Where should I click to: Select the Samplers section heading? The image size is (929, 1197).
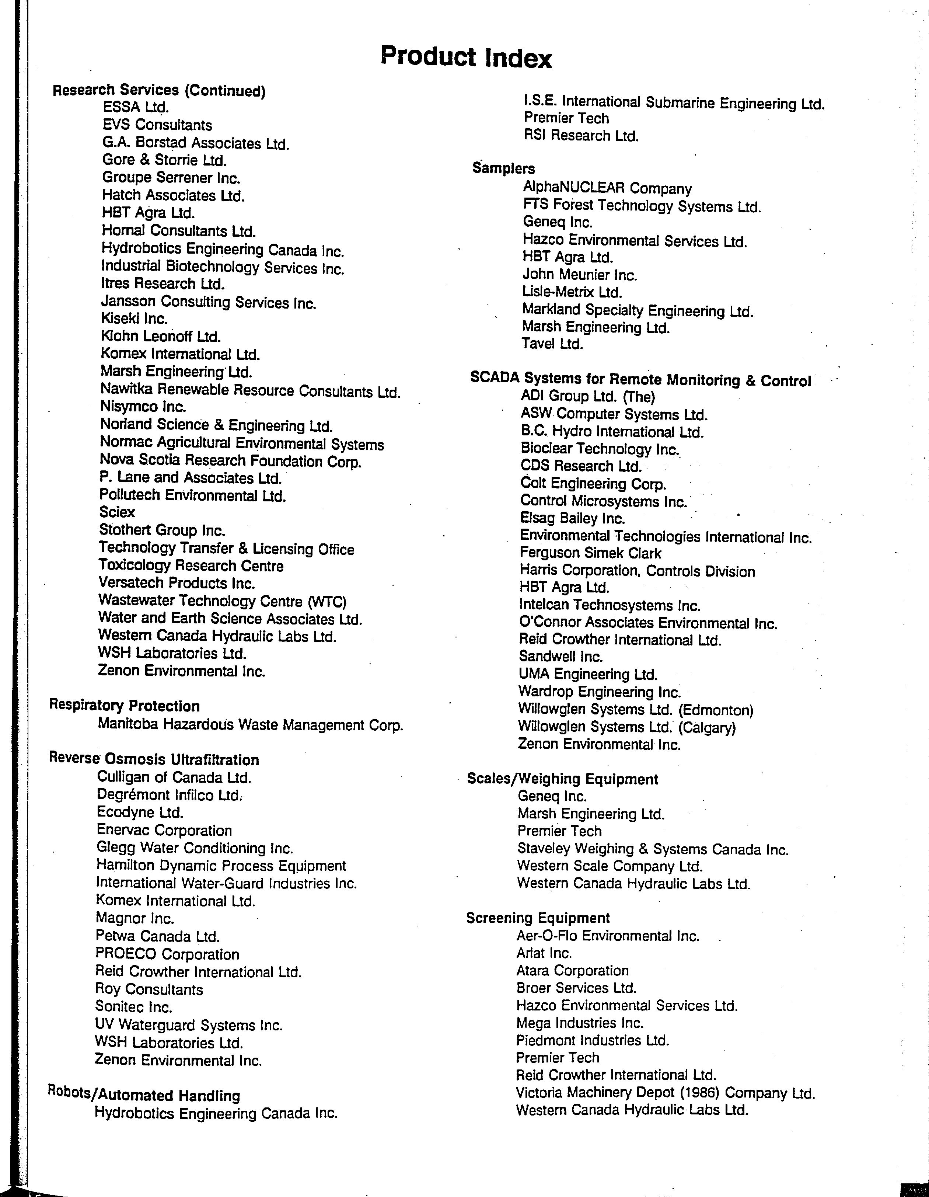[x=503, y=168]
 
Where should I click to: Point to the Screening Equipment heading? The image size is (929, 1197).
[x=538, y=918]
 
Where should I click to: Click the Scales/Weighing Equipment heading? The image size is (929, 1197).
[x=563, y=779]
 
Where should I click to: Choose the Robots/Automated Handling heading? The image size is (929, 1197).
[x=144, y=1095]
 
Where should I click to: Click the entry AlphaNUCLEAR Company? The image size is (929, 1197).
[x=607, y=188]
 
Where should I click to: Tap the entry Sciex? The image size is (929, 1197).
[x=117, y=512]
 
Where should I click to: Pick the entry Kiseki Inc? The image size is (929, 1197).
[x=134, y=319]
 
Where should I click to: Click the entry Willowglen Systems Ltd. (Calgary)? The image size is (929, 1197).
[x=626, y=727]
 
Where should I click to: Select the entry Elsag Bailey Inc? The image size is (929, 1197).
[x=572, y=518]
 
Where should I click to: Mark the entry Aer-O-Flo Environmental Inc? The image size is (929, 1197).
[x=607, y=936]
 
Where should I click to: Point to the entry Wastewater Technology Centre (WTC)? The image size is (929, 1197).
[x=222, y=601]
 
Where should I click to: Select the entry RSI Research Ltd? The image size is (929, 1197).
[x=581, y=135]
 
